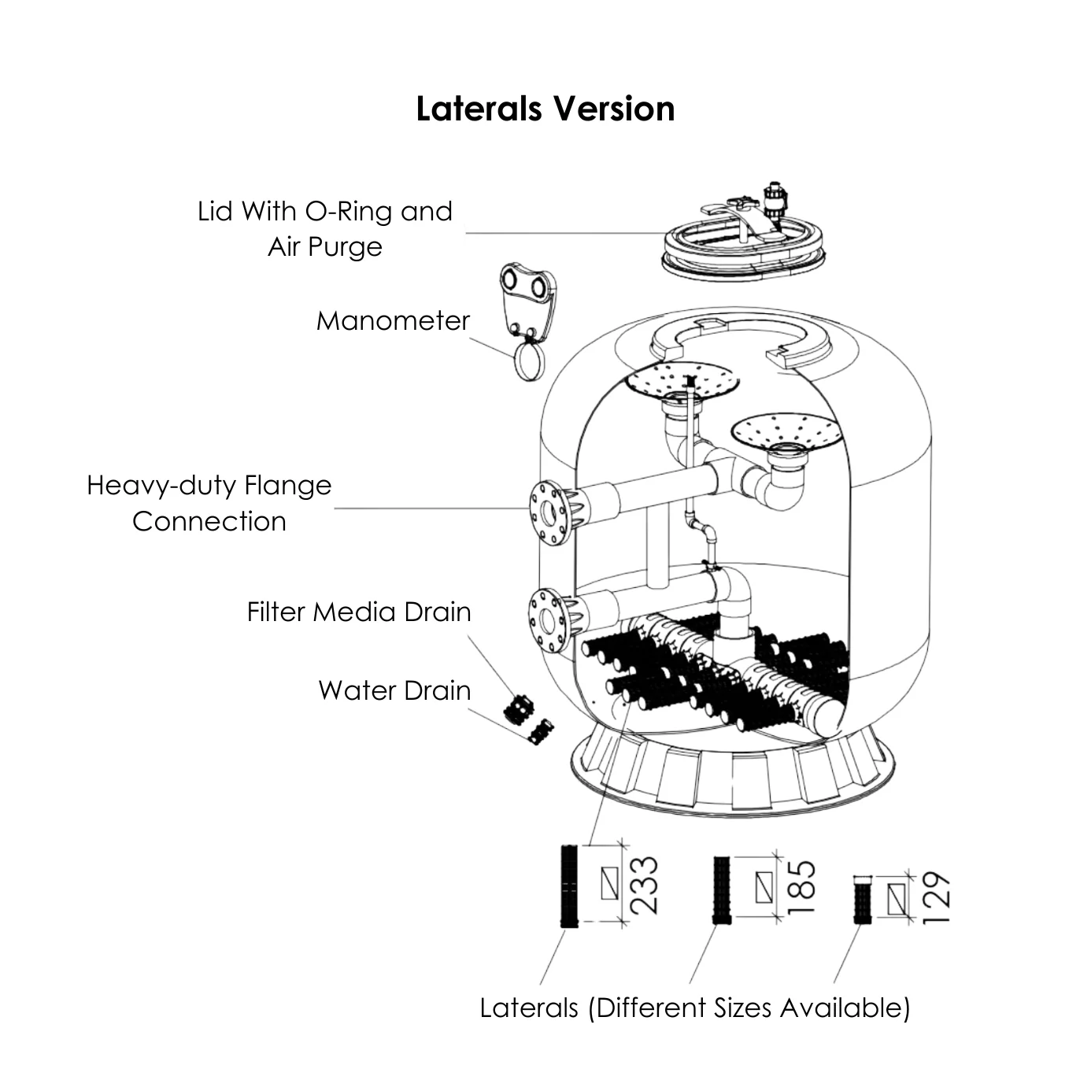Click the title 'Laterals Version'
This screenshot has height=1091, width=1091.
[545, 109]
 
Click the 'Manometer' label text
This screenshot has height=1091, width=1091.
[393, 321]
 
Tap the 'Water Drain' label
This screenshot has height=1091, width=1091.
[394, 690]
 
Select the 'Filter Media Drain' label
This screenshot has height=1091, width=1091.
[359, 612]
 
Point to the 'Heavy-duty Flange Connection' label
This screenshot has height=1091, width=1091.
[209, 503]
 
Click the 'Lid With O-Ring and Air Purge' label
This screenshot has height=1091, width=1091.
[325, 228]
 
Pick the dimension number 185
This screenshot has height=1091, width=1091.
[801, 886]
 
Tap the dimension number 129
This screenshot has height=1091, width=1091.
[937, 898]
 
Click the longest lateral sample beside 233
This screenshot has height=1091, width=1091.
[568, 886]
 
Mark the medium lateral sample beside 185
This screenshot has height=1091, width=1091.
[721, 889]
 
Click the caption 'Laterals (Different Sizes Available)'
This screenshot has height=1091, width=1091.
[694, 1008]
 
